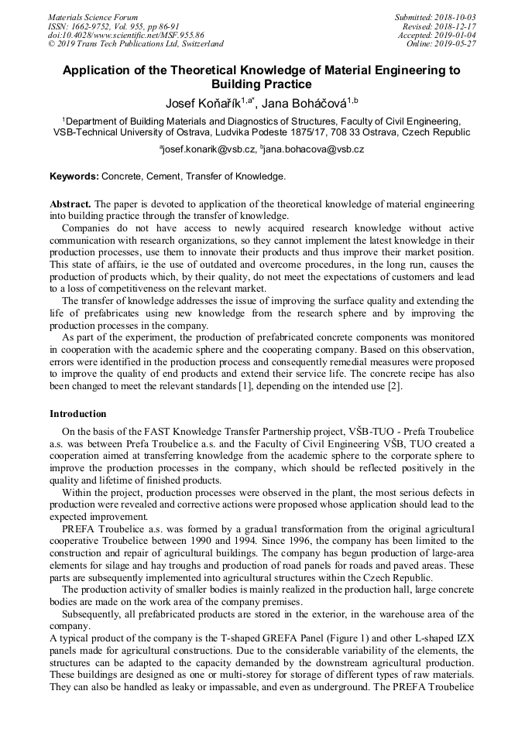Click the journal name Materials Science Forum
click(93, 17)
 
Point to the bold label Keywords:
click(74, 176)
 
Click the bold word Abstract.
click(70, 203)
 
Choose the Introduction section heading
click(78, 414)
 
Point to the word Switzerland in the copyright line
click(197, 44)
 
